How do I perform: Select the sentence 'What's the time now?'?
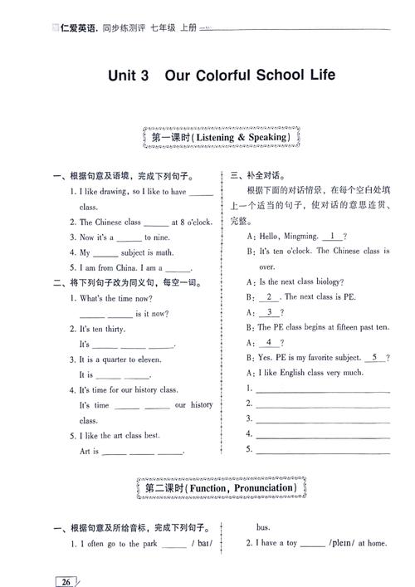[x=115, y=298]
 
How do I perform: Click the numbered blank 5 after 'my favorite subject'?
[x=375, y=357]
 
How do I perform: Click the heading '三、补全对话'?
[x=253, y=176]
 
